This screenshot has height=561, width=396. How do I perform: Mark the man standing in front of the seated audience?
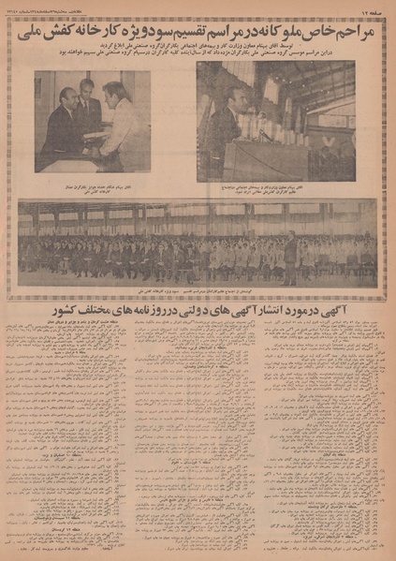coord(289,260)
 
